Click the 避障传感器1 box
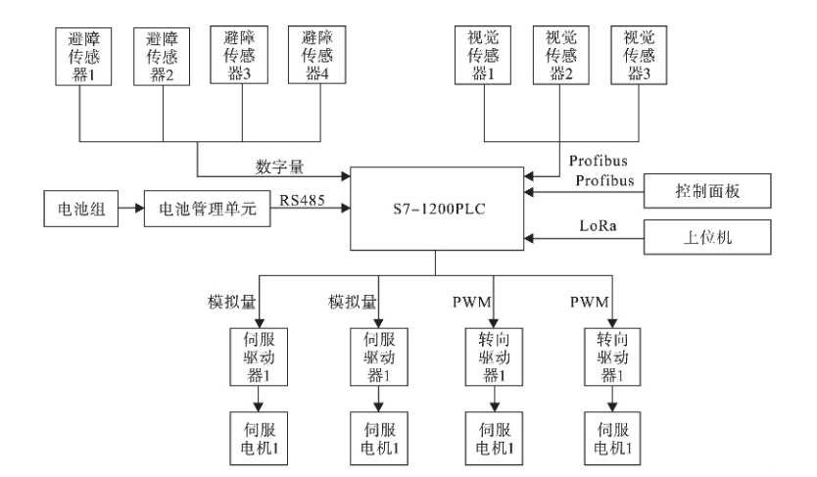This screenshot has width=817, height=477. (83, 56)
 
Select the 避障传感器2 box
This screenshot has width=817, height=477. (162, 56)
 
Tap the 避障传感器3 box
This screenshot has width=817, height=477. (239, 55)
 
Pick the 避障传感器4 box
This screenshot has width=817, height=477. (316, 55)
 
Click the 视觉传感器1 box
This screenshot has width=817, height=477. (483, 55)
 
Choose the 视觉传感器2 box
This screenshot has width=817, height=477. (560, 55)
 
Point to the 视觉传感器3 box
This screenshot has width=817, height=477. (639, 55)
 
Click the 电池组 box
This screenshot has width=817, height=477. (80, 209)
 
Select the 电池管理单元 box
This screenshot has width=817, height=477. (208, 209)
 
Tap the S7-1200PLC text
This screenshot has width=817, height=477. (439, 209)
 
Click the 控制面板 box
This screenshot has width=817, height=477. (707, 191)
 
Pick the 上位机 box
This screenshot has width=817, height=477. (707, 237)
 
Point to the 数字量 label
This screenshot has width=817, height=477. (279, 167)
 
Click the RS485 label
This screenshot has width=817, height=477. (302, 200)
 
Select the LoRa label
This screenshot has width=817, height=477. (598, 225)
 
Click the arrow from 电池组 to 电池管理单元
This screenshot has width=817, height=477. (131, 209)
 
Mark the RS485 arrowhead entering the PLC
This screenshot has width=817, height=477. (346, 209)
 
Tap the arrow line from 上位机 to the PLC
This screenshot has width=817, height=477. (584, 239)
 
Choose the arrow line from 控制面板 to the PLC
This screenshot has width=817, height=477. (584, 192)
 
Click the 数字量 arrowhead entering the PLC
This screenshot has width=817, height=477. (346, 176)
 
